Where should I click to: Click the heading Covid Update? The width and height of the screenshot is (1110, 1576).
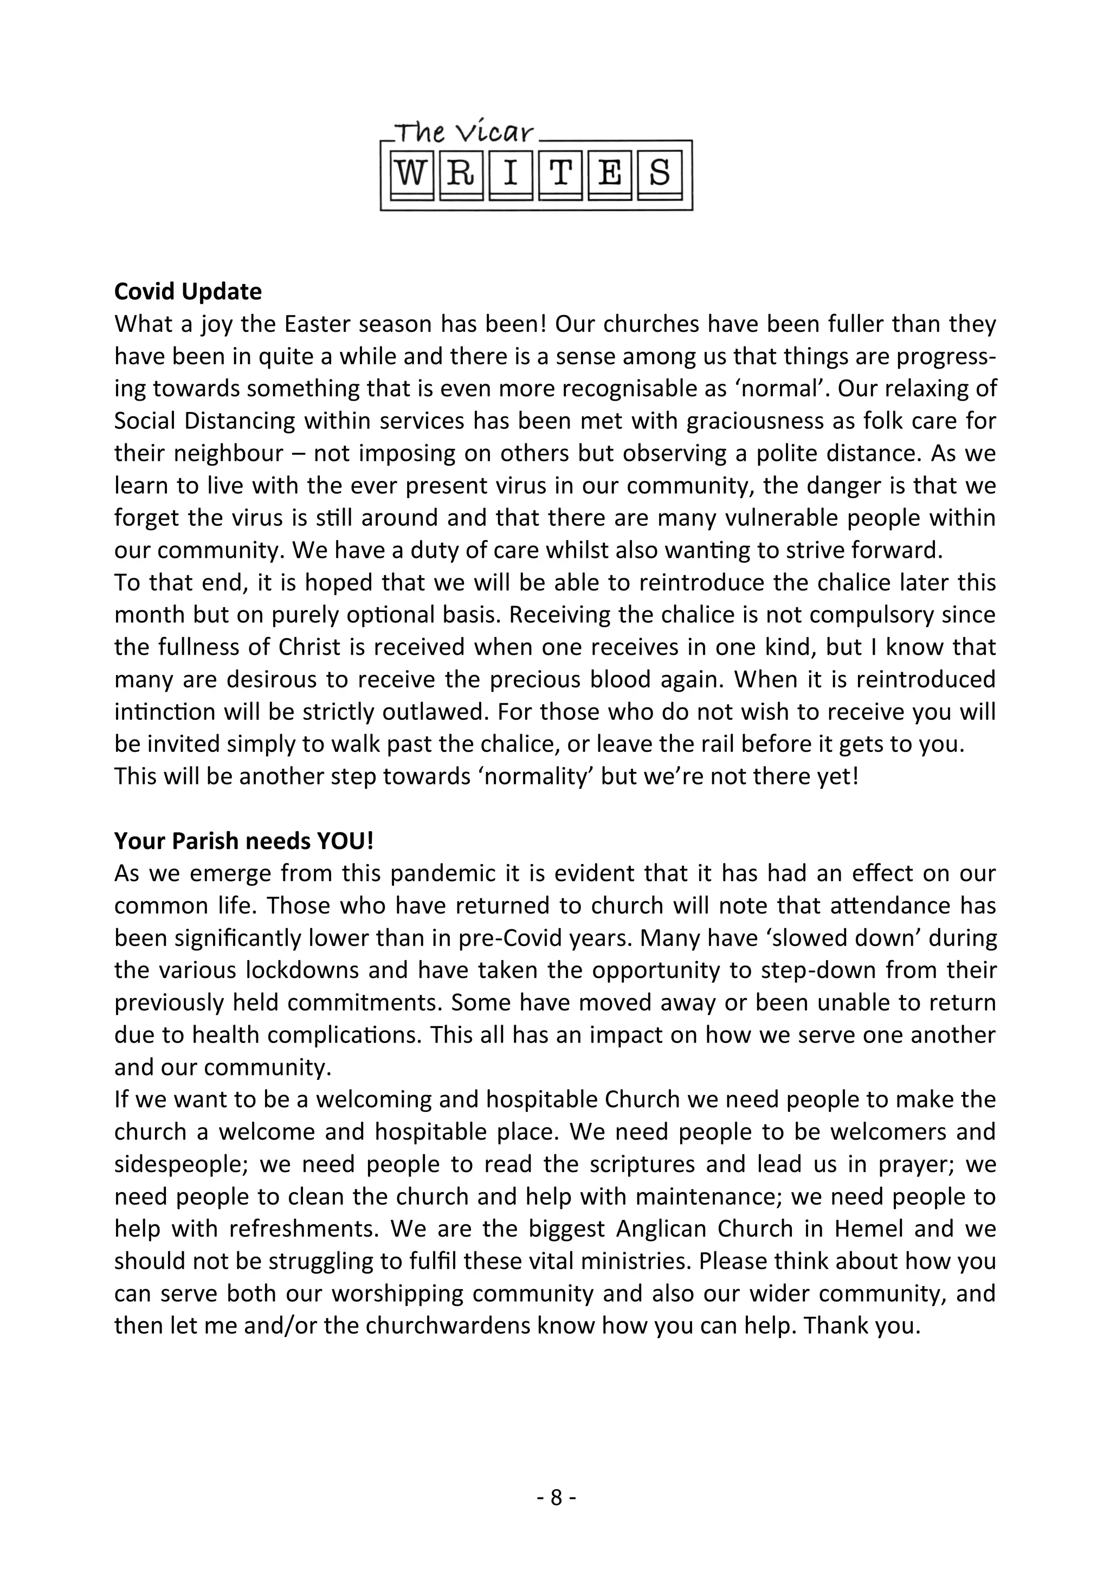188,292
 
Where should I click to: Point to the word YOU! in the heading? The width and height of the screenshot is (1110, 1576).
346,841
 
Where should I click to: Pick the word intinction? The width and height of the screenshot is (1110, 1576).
165,712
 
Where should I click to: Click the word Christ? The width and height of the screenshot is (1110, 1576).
300,647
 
